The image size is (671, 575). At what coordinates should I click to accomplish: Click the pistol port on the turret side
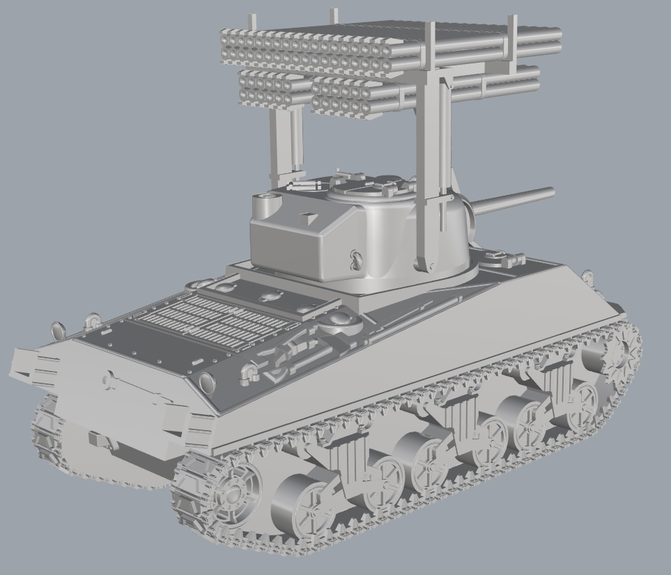tap(356, 260)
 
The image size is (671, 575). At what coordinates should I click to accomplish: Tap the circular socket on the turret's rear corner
tap(267, 204)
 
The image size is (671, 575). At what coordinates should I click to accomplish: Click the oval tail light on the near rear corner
tap(207, 382)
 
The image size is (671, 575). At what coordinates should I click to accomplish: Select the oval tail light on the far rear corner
tap(56, 329)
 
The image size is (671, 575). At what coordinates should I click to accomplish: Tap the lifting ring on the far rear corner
tap(91, 321)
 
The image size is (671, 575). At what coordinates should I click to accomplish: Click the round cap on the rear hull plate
tap(109, 380)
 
